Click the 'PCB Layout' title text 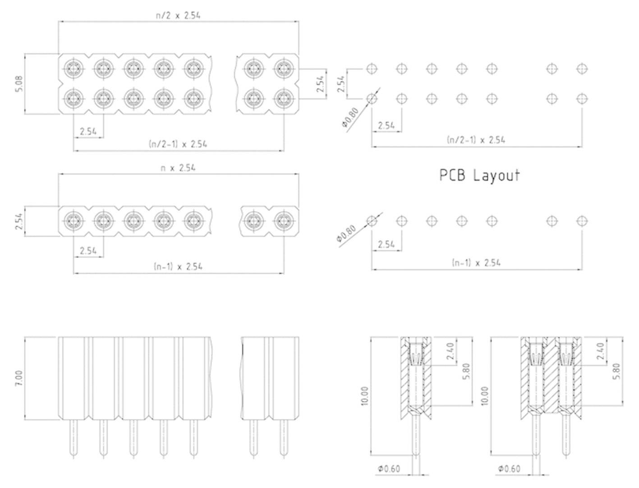479,175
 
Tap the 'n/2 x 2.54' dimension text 178,15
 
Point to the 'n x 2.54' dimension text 178,168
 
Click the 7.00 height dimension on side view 18,378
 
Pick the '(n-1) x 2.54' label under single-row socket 178,266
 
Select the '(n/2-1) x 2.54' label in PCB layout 476,139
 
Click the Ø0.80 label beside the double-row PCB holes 349,119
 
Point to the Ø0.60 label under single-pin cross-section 389,469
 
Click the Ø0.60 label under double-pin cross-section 509,469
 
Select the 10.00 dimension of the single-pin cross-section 365,396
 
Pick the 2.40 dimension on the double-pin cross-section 599,351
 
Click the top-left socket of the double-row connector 73,69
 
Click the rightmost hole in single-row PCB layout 582,221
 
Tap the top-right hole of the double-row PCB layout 582,69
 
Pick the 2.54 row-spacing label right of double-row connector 320,84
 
